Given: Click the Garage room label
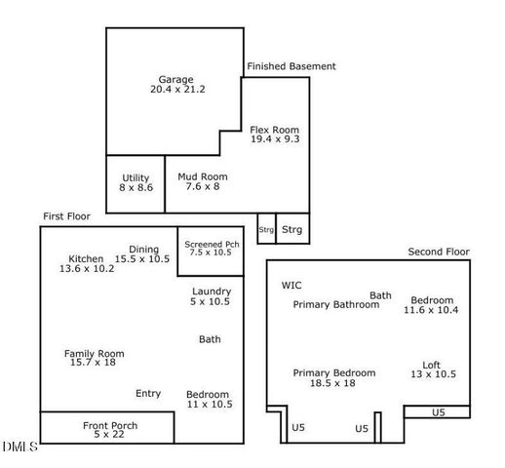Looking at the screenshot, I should (x=176, y=80).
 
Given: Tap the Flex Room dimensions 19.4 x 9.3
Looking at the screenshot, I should (x=274, y=140).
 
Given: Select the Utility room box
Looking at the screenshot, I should (x=136, y=183).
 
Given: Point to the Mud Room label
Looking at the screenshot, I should (x=202, y=176).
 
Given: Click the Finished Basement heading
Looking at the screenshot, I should (x=291, y=66).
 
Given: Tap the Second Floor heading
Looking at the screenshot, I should (x=439, y=252).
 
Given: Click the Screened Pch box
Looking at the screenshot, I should (x=206, y=250).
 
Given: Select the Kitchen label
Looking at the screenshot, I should (x=86, y=258).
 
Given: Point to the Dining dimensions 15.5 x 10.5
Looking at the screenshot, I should (x=142, y=258).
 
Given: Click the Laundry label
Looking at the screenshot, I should (x=212, y=292).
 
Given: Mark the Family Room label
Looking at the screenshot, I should (x=95, y=353).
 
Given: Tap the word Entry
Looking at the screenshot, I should (x=148, y=393).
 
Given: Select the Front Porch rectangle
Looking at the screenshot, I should (x=107, y=427).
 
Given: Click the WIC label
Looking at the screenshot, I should (x=291, y=286).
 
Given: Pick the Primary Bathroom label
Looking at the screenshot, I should (x=336, y=304).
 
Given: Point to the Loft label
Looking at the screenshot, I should (x=431, y=365).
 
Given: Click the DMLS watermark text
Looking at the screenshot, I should (x=19, y=447).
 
